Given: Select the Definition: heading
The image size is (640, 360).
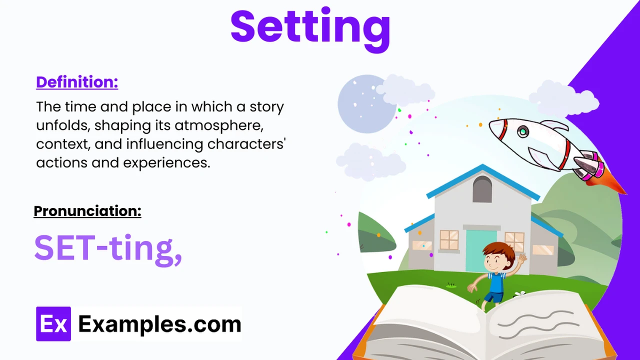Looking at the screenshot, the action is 77,82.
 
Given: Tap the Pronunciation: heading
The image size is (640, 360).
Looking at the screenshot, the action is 87,211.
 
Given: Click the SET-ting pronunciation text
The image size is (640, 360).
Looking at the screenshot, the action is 108,249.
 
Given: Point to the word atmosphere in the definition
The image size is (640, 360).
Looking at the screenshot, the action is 219,125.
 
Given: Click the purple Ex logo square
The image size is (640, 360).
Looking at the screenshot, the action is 53,324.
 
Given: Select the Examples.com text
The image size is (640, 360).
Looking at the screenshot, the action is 160,324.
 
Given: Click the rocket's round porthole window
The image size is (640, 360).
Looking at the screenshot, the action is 523,131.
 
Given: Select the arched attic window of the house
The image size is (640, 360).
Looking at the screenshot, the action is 482,189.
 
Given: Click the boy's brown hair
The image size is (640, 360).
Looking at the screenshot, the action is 498,249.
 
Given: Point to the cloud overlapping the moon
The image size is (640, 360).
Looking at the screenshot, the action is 405,90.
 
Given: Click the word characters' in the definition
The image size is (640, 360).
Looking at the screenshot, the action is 246,144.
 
